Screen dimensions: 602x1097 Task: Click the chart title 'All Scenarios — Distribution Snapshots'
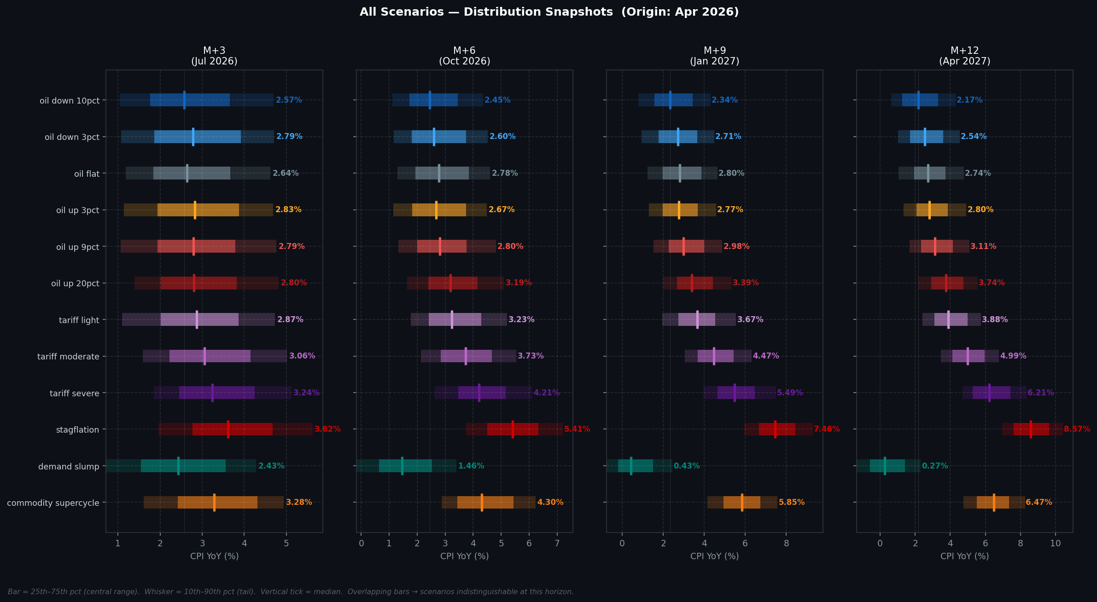548,12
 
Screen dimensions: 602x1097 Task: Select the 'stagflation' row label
77,430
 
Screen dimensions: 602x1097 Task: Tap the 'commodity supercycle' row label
53,503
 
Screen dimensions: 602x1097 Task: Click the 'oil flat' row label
87,174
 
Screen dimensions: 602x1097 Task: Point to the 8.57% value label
1077,429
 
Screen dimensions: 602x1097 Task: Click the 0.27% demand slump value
934,466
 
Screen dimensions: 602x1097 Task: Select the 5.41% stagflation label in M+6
577,429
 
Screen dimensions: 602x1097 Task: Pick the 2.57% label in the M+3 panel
289,100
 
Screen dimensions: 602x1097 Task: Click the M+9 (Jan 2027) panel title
714,56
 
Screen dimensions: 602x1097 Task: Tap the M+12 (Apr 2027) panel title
964,56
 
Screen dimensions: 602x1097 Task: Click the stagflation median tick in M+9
775,429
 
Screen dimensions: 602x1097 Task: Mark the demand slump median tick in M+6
402,466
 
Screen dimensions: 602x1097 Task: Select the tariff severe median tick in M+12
989,393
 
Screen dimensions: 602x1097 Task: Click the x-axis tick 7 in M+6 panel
557,543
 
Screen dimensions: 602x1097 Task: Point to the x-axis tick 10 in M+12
1055,543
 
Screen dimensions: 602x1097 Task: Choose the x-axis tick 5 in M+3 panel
286,543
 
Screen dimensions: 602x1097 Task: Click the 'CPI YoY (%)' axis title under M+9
714,556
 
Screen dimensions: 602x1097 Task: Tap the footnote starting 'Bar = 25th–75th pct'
290,592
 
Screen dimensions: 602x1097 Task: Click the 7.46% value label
827,429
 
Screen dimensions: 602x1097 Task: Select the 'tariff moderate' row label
68,357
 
